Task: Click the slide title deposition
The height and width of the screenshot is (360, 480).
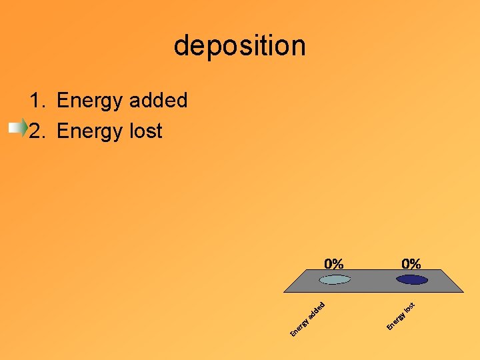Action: coord(240,46)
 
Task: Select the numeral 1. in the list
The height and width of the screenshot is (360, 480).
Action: coord(37,101)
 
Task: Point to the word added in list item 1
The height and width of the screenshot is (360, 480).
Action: coord(159,101)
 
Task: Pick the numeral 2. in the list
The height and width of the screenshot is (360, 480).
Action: coord(37,131)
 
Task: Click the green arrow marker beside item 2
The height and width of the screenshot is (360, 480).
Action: coord(19,129)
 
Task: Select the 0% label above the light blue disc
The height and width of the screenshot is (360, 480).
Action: coord(334,263)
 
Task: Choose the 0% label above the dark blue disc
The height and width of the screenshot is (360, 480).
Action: coord(411,263)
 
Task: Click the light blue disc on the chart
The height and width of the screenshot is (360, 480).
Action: coord(334,279)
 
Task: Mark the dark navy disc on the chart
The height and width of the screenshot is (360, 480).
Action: coord(411,279)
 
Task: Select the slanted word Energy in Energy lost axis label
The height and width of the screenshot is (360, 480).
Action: coord(396,321)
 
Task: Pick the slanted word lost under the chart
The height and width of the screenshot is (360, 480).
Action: coord(411,307)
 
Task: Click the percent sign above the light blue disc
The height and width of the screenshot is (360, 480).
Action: coord(339,263)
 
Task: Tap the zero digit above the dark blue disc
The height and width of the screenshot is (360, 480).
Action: coord(406,263)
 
